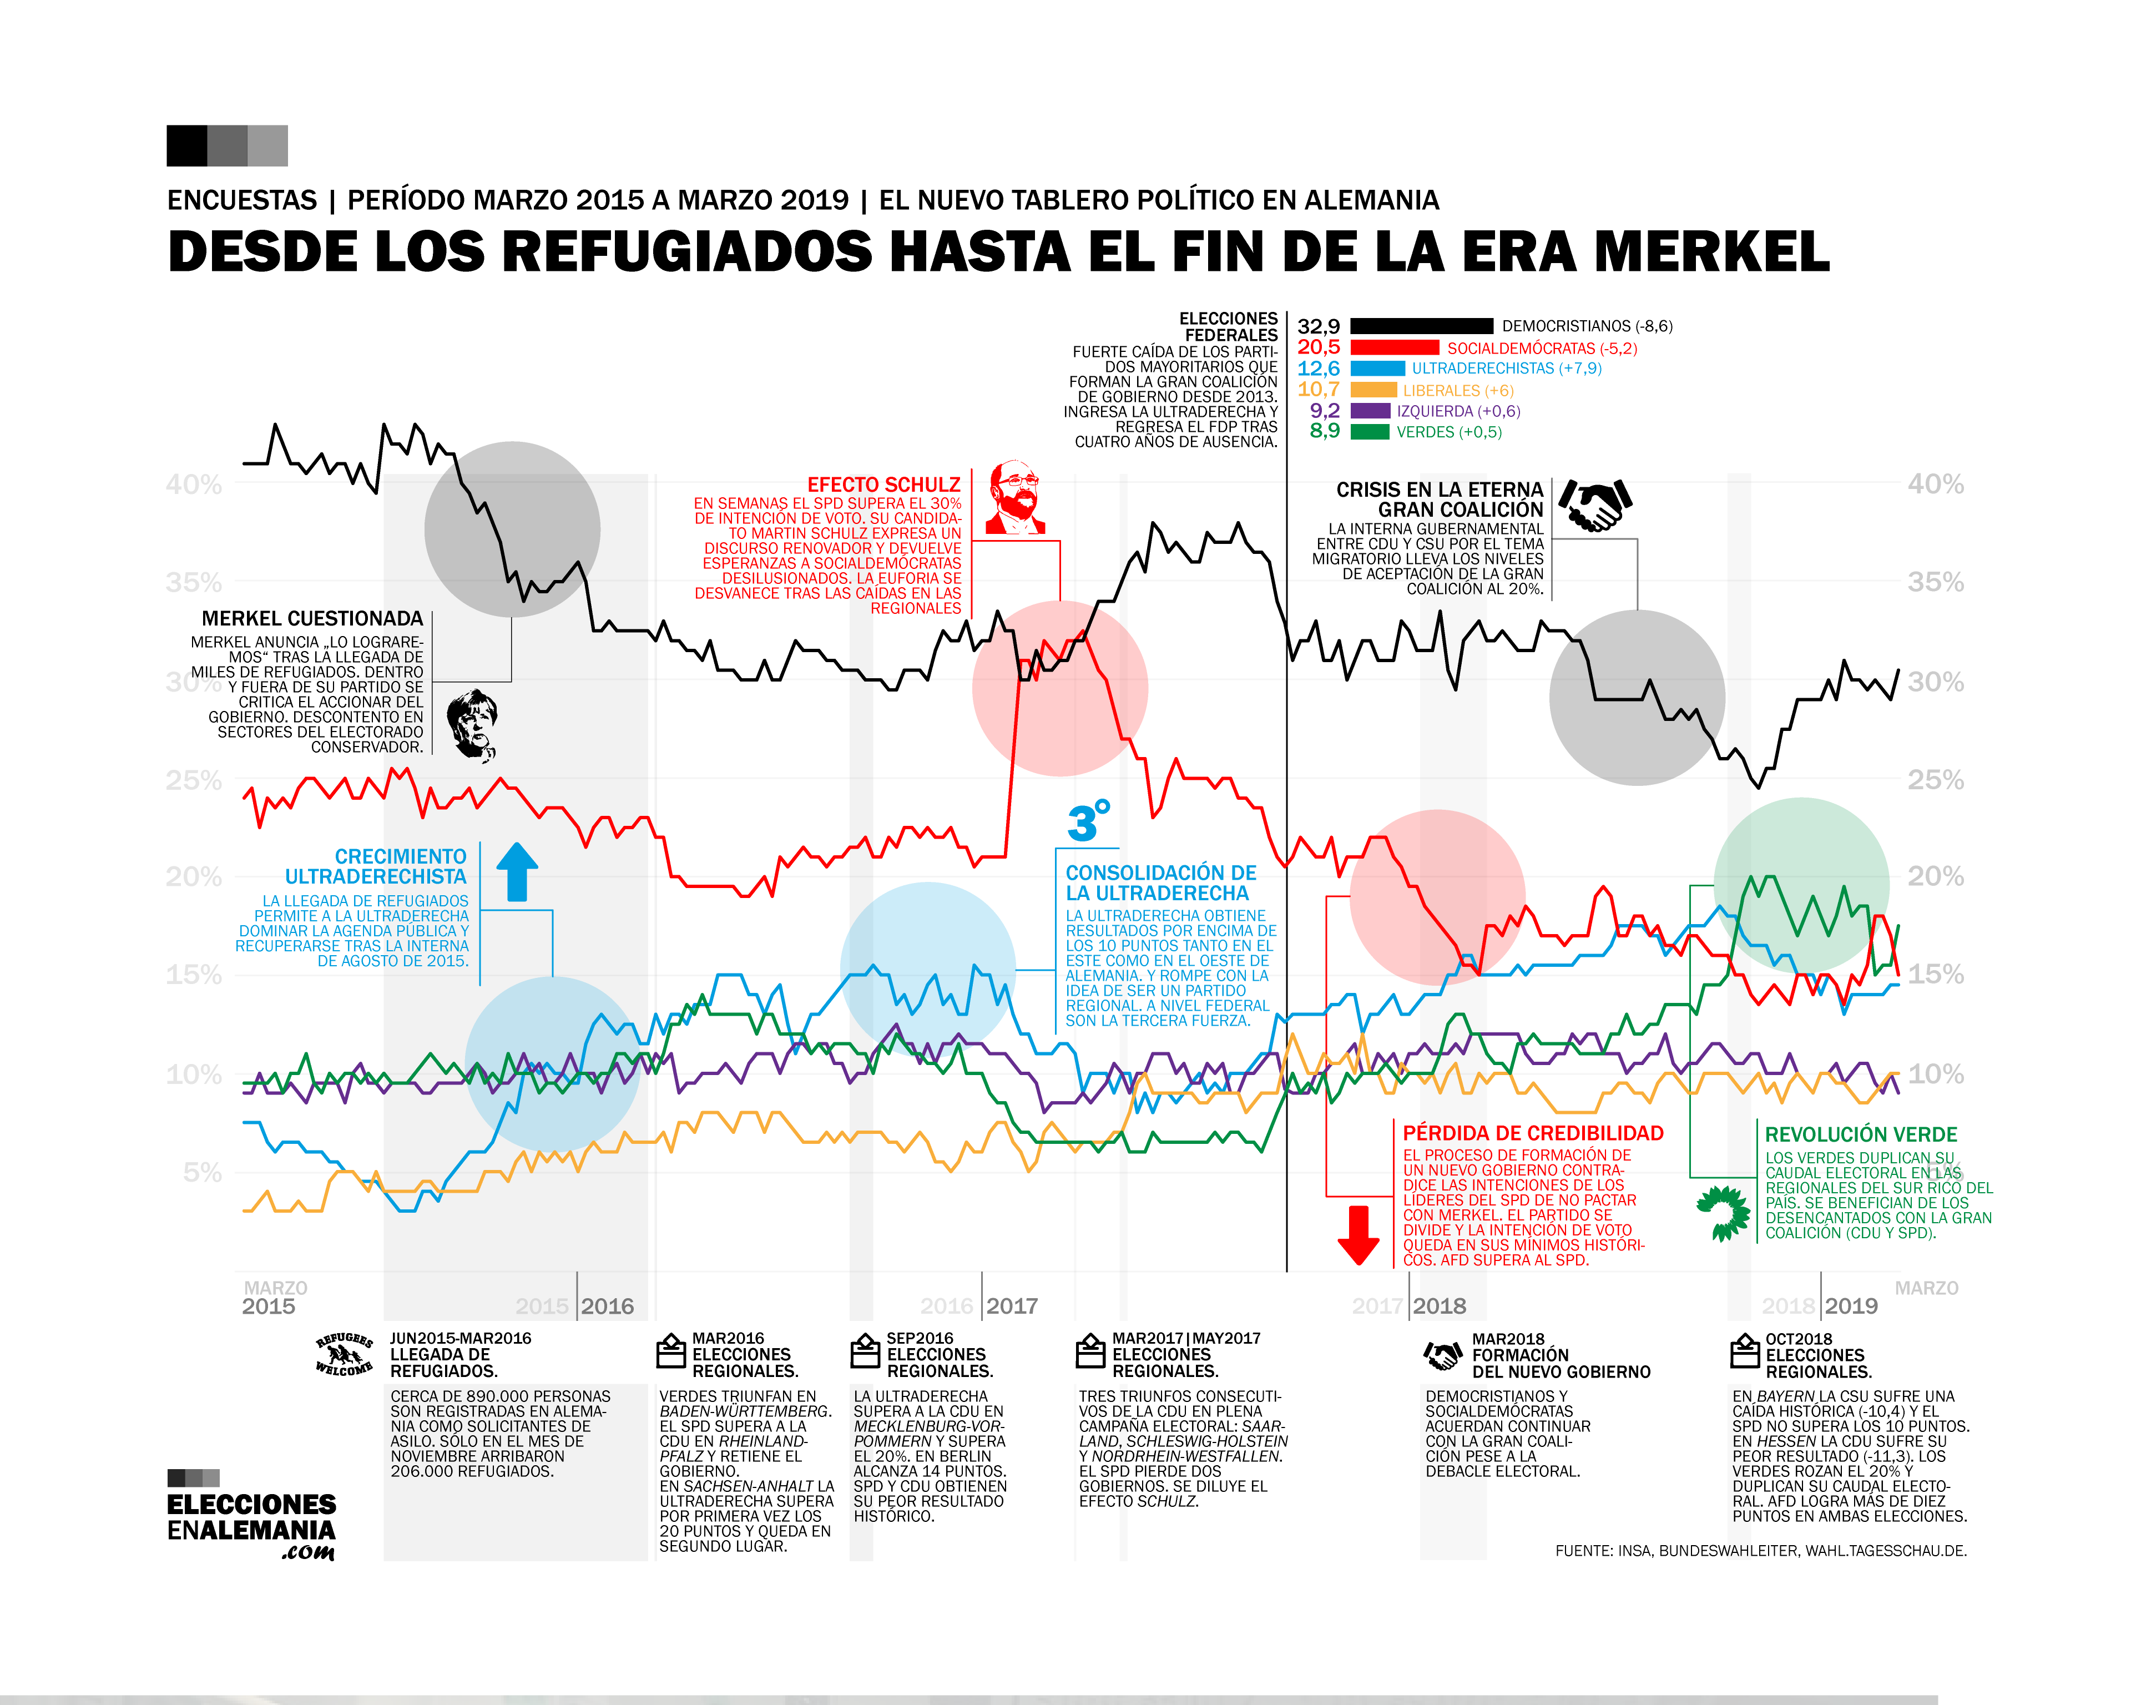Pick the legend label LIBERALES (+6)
1458,390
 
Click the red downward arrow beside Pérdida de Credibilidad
1358,1234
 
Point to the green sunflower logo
1723,1213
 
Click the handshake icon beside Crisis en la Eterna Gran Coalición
1594,505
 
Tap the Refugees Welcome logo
344,1354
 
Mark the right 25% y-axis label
1935,780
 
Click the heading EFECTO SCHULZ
883,485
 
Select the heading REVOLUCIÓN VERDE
1860,1134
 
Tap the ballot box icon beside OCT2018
1745,1351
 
